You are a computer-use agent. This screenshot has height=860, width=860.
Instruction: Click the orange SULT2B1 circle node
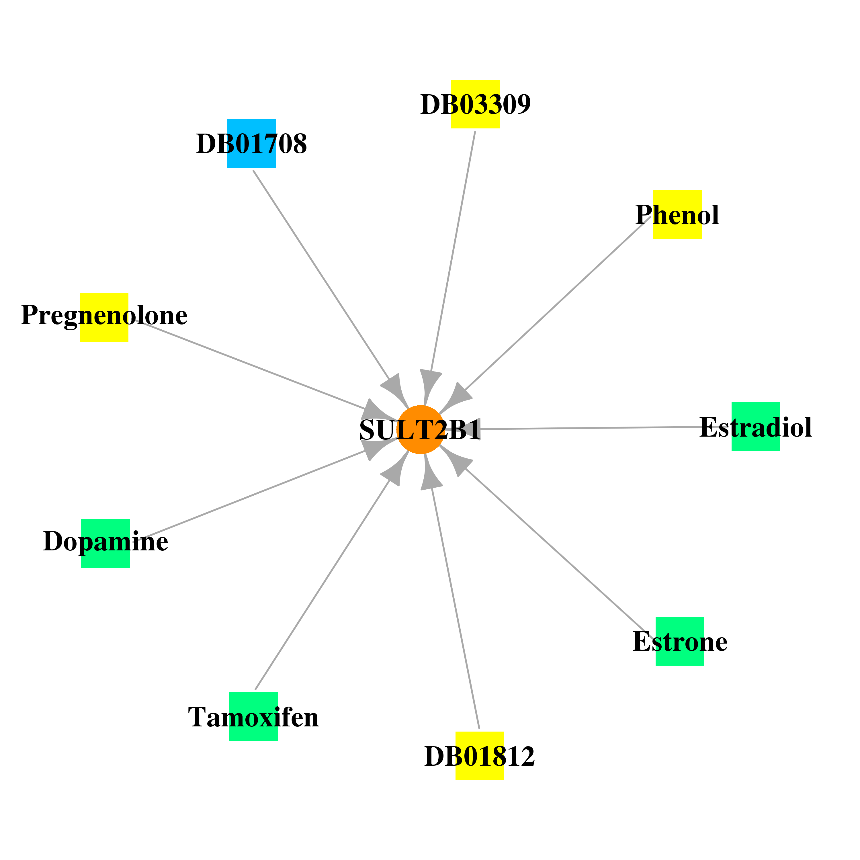point(420,429)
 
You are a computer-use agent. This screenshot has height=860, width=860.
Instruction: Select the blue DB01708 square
point(251,143)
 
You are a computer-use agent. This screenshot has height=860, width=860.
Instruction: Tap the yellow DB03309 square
point(475,104)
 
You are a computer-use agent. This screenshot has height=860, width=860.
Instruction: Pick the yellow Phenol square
point(677,214)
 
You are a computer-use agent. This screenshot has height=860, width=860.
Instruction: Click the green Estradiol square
point(756,427)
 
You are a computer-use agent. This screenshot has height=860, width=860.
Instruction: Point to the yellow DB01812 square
point(480,756)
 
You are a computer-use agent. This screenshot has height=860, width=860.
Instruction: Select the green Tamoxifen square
point(254,717)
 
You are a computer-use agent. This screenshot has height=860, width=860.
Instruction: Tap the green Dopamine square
point(105,543)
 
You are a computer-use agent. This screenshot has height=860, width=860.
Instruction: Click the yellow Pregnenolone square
point(104,317)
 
